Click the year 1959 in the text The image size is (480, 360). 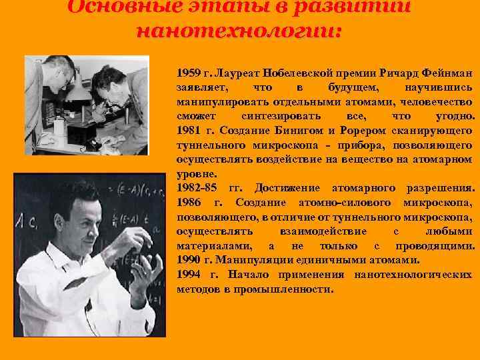coord(188,72)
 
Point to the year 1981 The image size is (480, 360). coord(188,130)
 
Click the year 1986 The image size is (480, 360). coord(188,203)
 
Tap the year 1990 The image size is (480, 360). coord(188,260)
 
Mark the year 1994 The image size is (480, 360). coord(188,275)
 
